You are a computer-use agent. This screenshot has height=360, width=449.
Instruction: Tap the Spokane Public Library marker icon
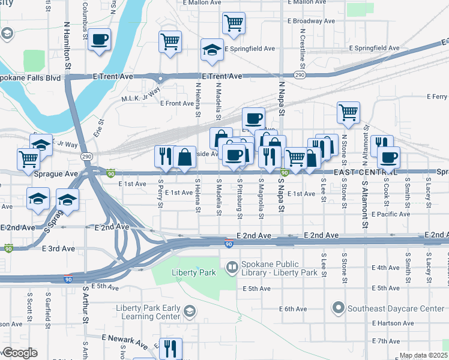tap(231, 266)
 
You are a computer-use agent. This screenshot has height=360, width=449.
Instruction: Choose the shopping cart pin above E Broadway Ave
tap(234, 23)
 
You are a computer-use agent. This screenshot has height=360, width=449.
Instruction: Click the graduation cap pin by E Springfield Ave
tap(212, 50)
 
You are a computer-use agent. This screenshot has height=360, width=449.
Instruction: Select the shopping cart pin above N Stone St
tap(348, 112)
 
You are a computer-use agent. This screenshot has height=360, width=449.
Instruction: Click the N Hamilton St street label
tap(67, 47)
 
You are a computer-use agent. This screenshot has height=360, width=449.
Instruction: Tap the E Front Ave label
tap(176, 103)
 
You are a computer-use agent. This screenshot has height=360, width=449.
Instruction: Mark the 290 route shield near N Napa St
tap(300, 74)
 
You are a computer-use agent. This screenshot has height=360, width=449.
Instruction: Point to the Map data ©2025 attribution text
tap(423, 355)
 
